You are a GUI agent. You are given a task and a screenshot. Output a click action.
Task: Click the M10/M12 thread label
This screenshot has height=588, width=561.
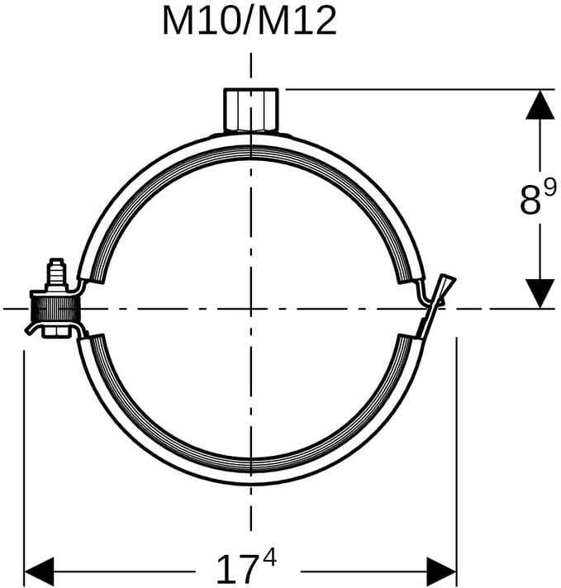pos(250,22)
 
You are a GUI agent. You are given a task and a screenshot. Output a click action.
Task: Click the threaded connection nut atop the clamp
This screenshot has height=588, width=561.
pos(251,111)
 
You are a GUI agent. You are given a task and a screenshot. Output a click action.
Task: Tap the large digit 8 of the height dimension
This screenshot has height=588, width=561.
pos(530,202)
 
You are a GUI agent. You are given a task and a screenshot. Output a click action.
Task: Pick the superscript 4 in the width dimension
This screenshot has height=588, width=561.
pos(269,557)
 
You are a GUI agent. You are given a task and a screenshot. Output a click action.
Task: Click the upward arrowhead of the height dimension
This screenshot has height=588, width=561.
pos(540,105)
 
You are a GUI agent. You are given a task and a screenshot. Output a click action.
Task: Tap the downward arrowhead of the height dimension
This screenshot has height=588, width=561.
pos(540,294)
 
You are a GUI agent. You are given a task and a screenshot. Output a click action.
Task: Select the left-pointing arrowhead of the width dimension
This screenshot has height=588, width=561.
pos(39,571)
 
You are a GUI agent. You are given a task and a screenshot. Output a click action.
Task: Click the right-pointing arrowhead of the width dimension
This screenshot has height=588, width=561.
pos(442,571)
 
